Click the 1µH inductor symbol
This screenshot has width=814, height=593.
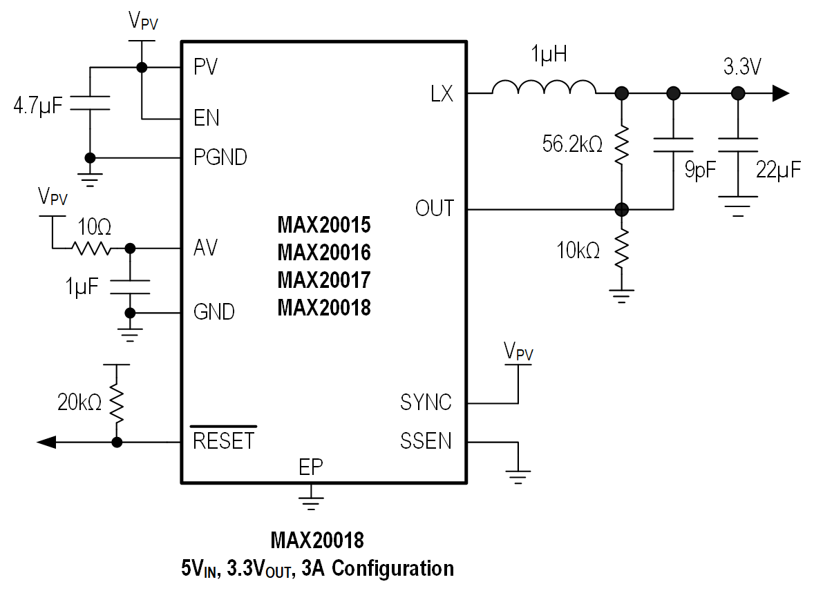[543, 88]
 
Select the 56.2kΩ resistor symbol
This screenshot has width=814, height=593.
[621, 144]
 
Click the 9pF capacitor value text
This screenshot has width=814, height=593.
[700, 171]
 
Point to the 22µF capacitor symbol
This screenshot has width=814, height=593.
[738, 144]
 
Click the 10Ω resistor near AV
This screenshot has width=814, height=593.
[91, 247]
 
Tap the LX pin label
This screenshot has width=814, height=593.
[442, 94]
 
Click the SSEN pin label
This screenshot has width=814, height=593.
[426, 440]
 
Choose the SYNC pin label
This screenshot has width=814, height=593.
[426, 402]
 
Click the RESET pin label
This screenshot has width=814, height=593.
[223, 441]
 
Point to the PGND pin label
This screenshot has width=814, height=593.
[220, 157]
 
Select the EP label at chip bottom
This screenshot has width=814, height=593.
[310, 467]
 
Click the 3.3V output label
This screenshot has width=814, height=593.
[742, 68]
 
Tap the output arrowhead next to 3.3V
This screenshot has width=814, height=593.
[780, 93]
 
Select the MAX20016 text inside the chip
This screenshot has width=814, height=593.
[324, 253]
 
